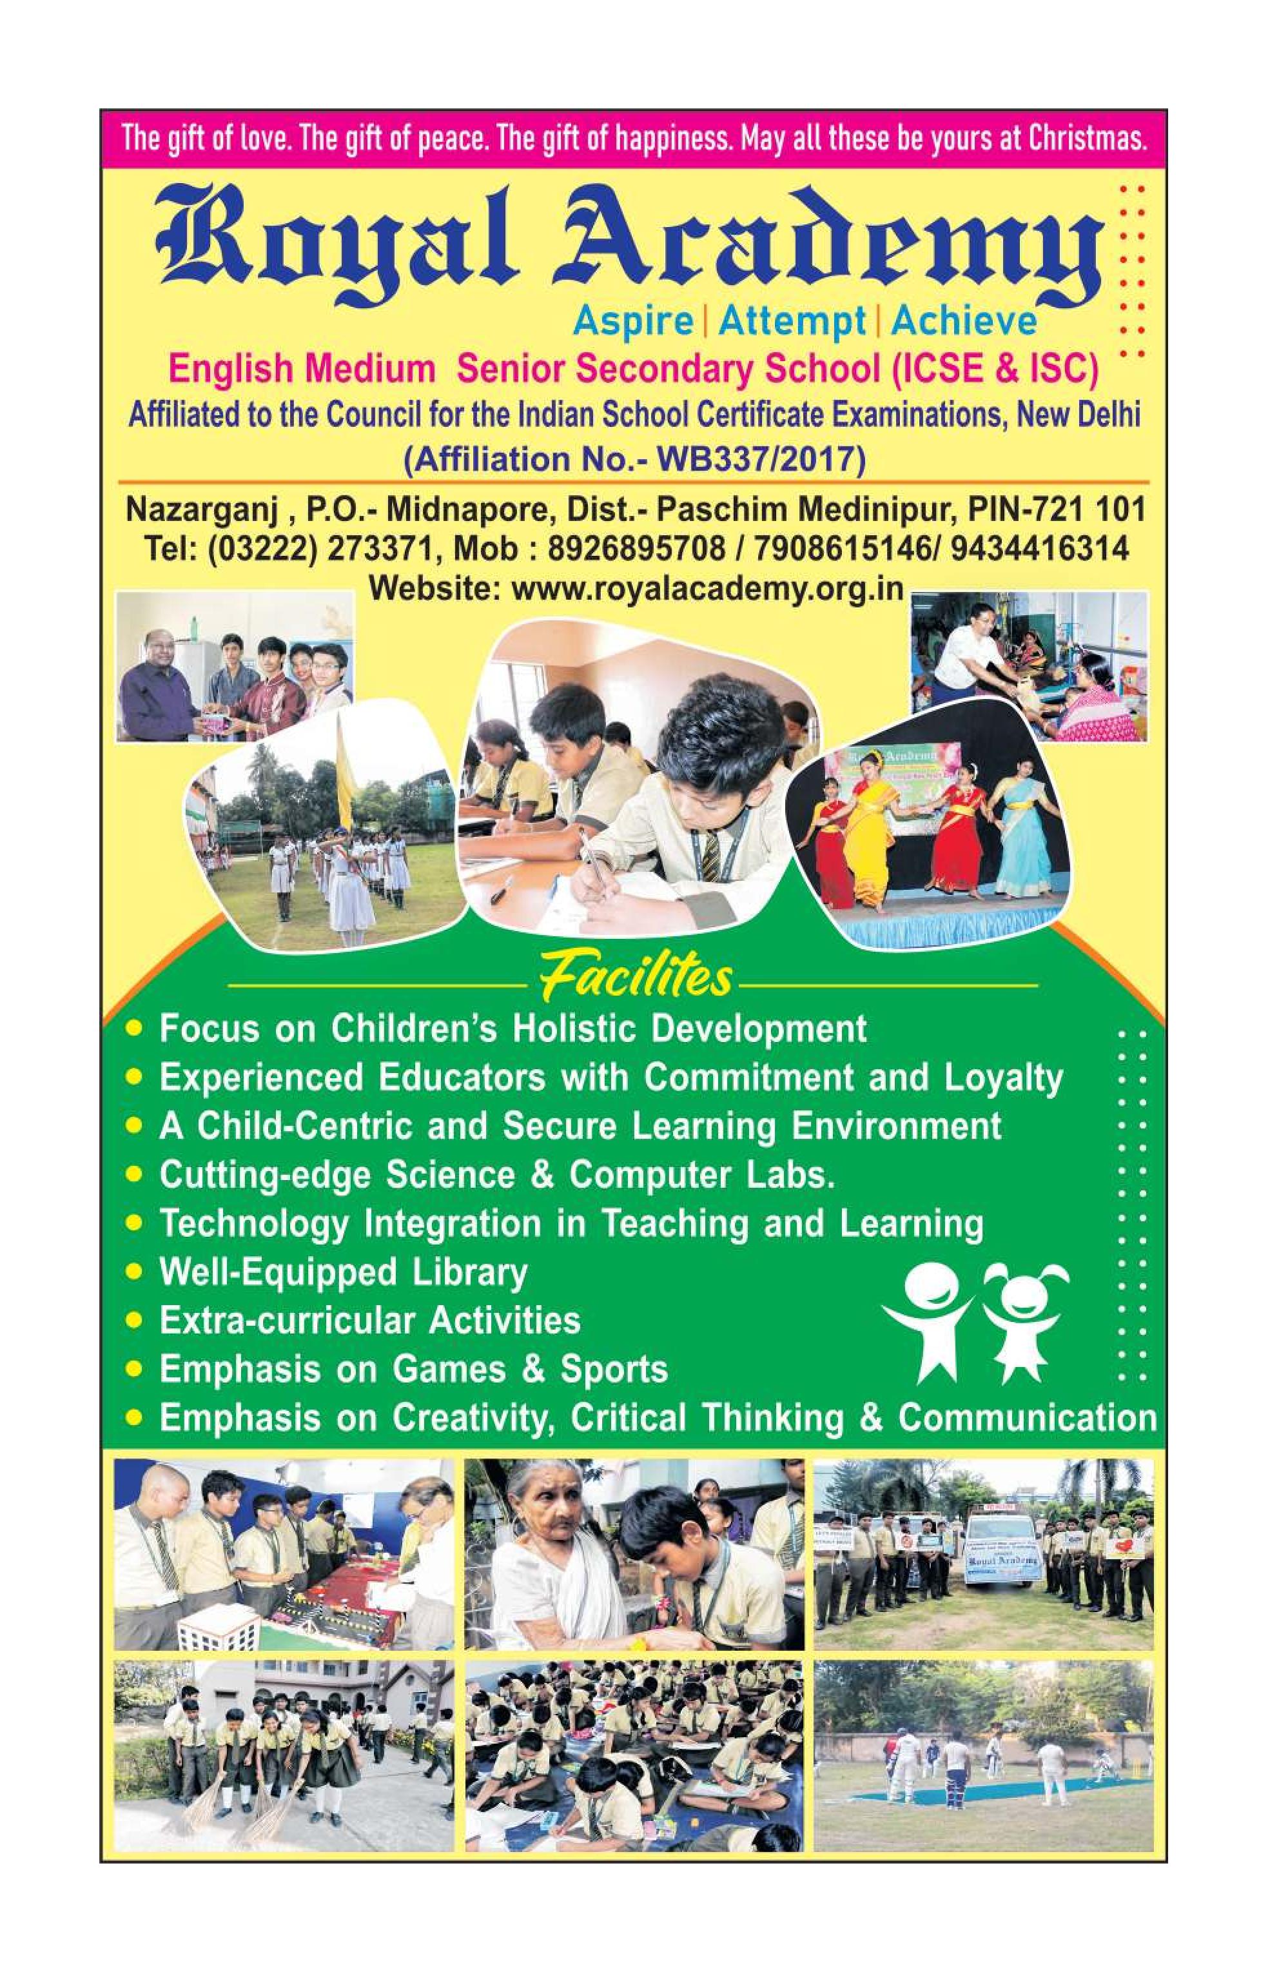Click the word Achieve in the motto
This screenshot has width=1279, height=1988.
point(963,322)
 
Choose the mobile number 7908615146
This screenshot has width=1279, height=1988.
point(857,548)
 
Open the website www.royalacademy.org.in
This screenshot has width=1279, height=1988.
point(707,588)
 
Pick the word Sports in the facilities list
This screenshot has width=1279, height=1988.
point(614,1370)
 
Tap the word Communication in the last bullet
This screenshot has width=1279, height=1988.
point(1028,1418)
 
